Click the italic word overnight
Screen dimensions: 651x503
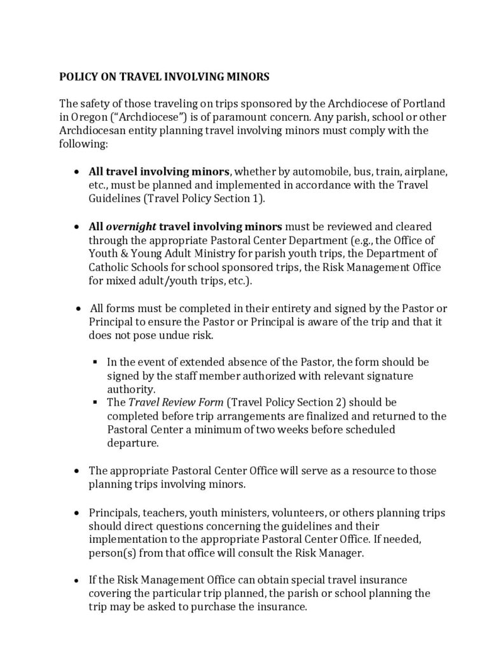(130, 227)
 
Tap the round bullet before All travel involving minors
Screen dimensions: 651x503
(77, 172)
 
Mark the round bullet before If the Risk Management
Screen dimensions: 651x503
(77, 580)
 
